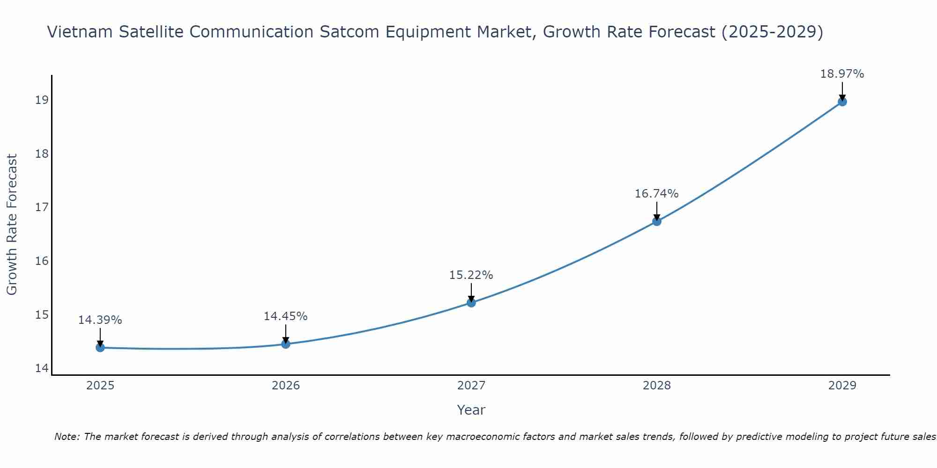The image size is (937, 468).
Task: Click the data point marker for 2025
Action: (x=100, y=347)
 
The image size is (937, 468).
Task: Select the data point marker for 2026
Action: (x=286, y=344)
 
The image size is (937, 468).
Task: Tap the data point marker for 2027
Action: (x=471, y=303)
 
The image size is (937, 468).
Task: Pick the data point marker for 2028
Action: (x=657, y=221)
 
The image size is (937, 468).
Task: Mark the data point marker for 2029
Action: (x=842, y=102)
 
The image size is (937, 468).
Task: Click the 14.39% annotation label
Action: (x=100, y=320)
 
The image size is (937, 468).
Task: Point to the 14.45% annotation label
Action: (x=285, y=316)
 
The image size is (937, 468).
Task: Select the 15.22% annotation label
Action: (x=471, y=275)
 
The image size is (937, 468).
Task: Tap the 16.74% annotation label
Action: (x=656, y=194)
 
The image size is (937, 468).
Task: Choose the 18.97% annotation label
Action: (x=842, y=74)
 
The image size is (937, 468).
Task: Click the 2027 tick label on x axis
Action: (x=471, y=386)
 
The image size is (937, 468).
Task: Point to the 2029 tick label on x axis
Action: (x=842, y=386)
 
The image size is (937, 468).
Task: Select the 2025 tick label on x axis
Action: (x=100, y=386)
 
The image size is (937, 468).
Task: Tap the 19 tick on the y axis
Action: (x=42, y=100)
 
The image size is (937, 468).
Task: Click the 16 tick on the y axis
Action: (x=42, y=261)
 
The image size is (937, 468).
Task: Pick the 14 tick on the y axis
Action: (x=42, y=368)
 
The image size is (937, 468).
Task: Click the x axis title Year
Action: (x=471, y=410)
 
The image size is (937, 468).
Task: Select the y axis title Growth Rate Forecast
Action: (x=12, y=225)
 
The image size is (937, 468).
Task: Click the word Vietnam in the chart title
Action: (x=80, y=32)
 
